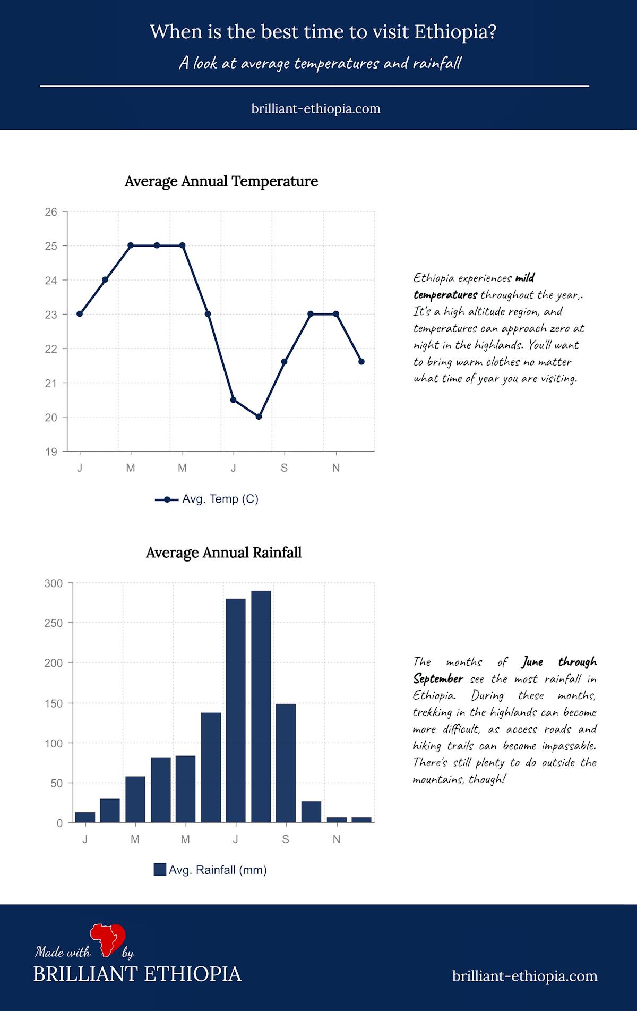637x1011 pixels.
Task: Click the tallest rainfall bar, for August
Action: pyautogui.click(x=261, y=707)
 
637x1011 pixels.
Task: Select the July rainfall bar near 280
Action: pyautogui.click(x=236, y=711)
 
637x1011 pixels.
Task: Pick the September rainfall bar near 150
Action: pyautogui.click(x=286, y=763)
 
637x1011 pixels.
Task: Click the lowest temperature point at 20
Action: pyautogui.click(x=259, y=417)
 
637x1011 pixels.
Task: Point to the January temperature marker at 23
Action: pyautogui.click(x=80, y=314)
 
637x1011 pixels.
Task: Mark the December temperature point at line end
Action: pyautogui.click(x=361, y=361)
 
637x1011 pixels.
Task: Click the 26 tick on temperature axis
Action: pyautogui.click(x=51, y=212)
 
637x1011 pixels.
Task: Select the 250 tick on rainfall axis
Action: pyautogui.click(x=53, y=623)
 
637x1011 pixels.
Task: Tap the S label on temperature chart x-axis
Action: pyautogui.click(x=284, y=468)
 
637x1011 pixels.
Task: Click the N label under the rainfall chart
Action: pyautogui.click(x=336, y=839)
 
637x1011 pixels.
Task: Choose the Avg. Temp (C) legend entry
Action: pyautogui.click(x=207, y=499)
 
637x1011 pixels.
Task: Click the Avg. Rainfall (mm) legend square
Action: pyautogui.click(x=160, y=870)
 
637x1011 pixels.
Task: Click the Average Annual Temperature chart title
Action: pyautogui.click(x=221, y=181)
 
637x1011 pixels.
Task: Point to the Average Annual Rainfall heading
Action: pyautogui.click(x=223, y=553)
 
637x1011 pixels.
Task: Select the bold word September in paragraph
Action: pyautogui.click(x=438, y=679)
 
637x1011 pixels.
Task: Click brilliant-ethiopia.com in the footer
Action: pyautogui.click(x=524, y=976)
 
